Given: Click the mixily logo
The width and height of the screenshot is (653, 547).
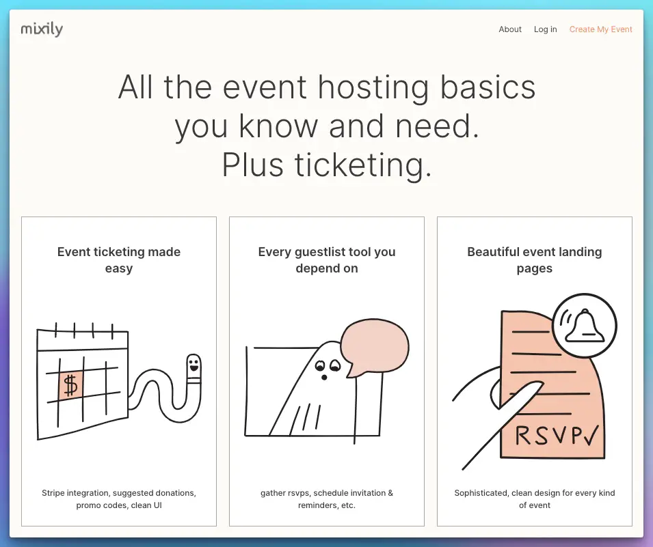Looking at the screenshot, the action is pyautogui.click(x=42, y=29).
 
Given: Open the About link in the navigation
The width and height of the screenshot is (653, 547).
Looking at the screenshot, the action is pyautogui.click(x=510, y=29).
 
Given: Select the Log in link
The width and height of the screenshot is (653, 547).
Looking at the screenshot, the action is pyautogui.click(x=545, y=29).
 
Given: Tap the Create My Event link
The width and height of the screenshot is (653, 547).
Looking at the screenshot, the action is pyautogui.click(x=600, y=29).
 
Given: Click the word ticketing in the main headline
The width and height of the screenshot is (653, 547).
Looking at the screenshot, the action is pyautogui.click(x=363, y=165).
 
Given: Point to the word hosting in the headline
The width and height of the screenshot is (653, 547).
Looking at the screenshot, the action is pyautogui.click(x=373, y=88).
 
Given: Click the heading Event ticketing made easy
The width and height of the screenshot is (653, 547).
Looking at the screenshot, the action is pyautogui.click(x=119, y=260).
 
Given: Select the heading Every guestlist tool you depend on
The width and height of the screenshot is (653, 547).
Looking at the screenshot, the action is pyautogui.click(x=327, y=260).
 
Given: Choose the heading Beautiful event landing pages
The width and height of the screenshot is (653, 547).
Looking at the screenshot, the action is pyautogui.click(x=534, y=260).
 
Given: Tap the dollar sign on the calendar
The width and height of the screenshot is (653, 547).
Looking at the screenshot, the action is pyautogui.click(x=70, y=384).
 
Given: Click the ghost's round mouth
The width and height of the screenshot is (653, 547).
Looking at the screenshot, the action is pyautogui.click(x=323, y=378).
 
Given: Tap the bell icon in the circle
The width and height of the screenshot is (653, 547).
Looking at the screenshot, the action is pyautogui.click(x=585, y=326).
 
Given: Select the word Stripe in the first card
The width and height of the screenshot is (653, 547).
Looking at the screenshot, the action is pyautogui.click(x=53, y=493).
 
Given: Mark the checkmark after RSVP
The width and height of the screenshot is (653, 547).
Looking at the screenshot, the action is pyautogui.click(x=591, y=435).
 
